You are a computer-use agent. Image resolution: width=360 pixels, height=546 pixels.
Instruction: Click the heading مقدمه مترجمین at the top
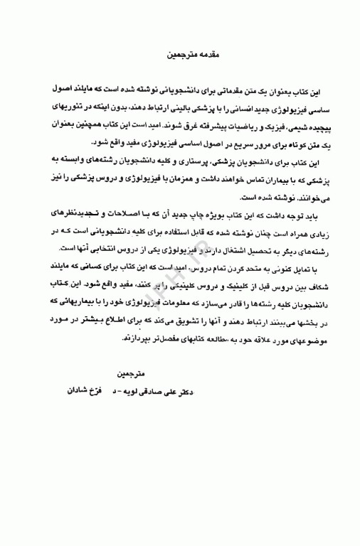tap(186, 54)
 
